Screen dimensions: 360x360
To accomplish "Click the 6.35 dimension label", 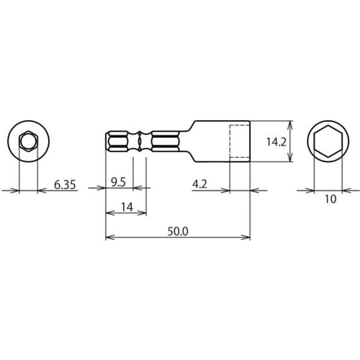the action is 65,185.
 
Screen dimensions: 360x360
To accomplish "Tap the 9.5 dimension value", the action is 118,182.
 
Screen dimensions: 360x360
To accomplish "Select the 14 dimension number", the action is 127,208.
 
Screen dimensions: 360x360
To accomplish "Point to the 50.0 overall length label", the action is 178,232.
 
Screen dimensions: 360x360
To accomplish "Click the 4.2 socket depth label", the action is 200,184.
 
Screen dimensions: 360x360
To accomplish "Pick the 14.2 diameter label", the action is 276,142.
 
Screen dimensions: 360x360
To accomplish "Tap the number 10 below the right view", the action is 331,199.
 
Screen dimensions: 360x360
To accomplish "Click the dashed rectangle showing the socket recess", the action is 230,141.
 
